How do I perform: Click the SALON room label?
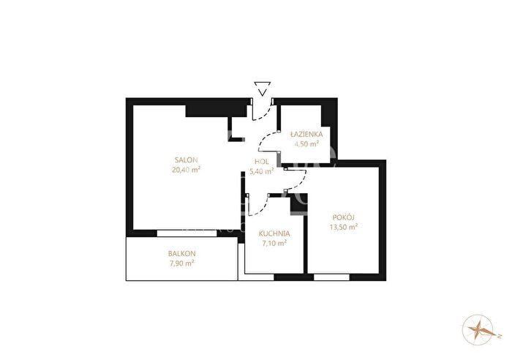187,160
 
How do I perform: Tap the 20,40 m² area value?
186,169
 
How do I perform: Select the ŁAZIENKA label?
306,134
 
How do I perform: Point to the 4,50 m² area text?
306,143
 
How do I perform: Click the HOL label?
262,162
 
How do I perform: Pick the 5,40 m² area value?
261,171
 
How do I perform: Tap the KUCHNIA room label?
274,233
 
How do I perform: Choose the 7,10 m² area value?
274,243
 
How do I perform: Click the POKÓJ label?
344,217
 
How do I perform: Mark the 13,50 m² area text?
344,227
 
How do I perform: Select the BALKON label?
182,253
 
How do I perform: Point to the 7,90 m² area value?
182,263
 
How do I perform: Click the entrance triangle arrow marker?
263,89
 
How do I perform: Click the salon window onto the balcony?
187,233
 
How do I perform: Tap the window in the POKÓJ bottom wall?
332,277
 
